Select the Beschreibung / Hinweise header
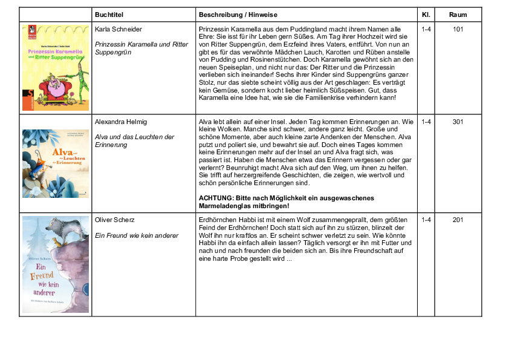click(235, 15)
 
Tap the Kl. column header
click(426, 15)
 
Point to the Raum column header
click(458, 15)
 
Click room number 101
click(458, 28)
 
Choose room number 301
click(458, 122)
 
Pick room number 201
click(458, 219)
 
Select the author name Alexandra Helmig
click(121, 122)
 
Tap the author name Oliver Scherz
click(115, 219)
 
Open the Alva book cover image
click(55, 163)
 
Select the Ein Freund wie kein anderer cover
click(55, 264)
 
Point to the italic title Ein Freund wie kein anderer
click(137, 235)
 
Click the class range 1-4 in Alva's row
click(426, 122)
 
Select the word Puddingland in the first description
click(296, 29)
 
